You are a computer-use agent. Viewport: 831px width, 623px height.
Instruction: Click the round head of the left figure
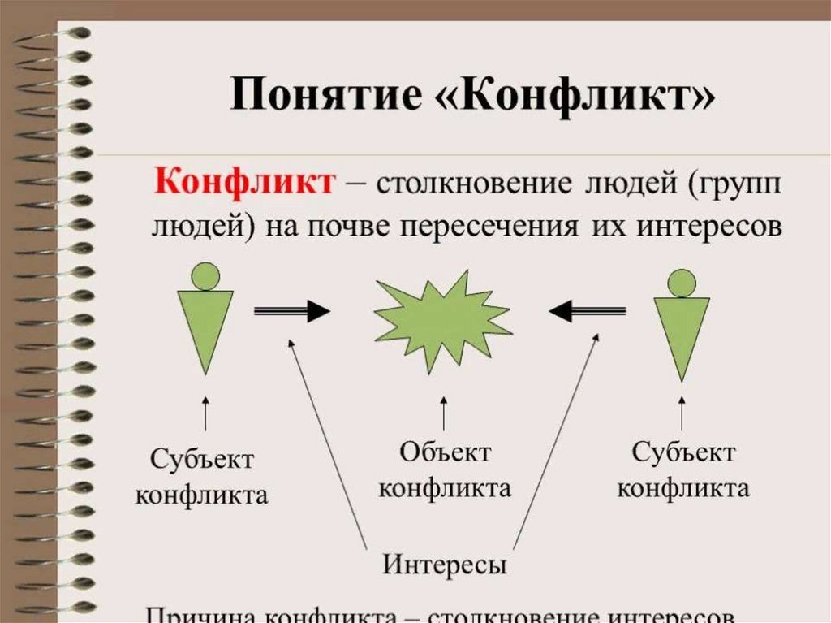[205, 276]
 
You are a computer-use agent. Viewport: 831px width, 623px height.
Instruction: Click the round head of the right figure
[682, 283]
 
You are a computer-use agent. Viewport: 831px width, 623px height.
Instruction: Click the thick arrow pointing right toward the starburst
[292, 310]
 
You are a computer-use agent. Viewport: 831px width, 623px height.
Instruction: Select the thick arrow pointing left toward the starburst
[588, 310]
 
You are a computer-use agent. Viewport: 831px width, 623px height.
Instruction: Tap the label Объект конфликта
[445, 470]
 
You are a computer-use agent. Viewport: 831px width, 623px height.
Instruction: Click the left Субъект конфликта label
[202, 477]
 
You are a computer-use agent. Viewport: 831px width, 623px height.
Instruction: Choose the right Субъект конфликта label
[683, 470]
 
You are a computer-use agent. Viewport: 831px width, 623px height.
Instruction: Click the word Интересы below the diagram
[445, 564]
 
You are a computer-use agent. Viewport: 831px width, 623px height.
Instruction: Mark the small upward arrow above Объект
[443, 413]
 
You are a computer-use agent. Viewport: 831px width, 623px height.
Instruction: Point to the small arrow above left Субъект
[205, 413]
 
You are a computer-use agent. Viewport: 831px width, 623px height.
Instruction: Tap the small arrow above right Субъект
[682, 413]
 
